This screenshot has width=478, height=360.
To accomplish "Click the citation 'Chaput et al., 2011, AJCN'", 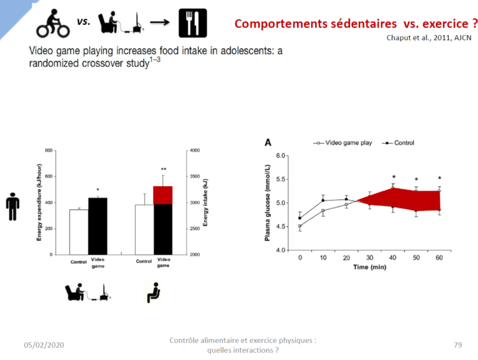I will click(x=432, y=37).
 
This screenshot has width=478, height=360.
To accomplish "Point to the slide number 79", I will click(x=458, y=345).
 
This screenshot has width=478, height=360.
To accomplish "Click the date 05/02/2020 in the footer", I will click(x=44, y=345).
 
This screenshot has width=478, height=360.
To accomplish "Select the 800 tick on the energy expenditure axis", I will click(x=49, y=150).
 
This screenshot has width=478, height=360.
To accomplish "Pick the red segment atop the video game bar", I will click(x=163, y=195).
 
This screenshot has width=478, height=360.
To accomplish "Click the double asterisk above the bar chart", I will click(x=163, y=169).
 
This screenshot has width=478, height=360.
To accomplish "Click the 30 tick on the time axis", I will click(x=370, y=257).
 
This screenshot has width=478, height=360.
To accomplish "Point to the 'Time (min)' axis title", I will click(x=370, y=267).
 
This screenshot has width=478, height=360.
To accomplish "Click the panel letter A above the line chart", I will click(x=268, y=142).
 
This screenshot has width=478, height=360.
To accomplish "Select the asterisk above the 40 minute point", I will click(x=393, y=177).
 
